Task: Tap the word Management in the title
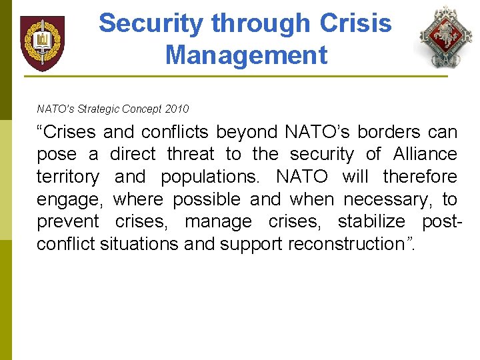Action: pos(246,55)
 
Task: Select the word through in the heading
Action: pos(260,24)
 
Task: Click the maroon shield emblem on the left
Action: pos(42,43)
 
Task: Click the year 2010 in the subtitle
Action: pos(176,109)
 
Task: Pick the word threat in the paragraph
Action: pos(191,155)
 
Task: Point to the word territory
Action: pos(68,177)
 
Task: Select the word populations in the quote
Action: pos(209,177)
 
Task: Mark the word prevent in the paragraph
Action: pos(68,222)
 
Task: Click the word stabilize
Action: pos(371,222)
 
